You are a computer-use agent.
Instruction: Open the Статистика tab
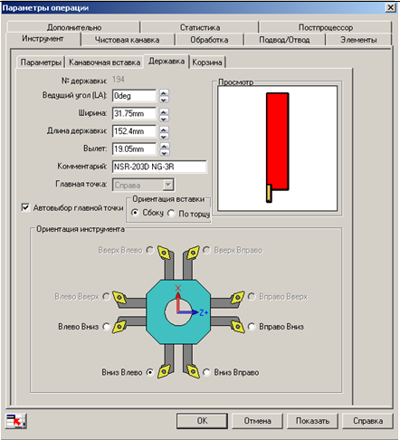(200, 27)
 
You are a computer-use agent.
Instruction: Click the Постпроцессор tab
(326, 27)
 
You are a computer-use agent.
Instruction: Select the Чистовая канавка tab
(128, 40)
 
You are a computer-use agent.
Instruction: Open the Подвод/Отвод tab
(284, 40)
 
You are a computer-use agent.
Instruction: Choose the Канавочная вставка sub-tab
(104, 62)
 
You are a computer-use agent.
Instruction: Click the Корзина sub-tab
(207, 62)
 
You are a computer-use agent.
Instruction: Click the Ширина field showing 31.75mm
(134, 113)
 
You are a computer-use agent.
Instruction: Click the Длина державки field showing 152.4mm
(134, 131)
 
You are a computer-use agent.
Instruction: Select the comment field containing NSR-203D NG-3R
(159, 167)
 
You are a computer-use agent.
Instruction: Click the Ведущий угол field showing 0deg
(134, 96)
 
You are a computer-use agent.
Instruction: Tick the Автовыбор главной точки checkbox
(25, 207)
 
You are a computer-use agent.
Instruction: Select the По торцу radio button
(171, 214)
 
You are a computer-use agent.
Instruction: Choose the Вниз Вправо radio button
(206, 372)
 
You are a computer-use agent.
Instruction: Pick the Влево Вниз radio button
(106, 327)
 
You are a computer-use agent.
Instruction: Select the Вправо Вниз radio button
(252, 327)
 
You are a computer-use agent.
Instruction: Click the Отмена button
(257, 421)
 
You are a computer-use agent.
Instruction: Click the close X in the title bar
(391, 7)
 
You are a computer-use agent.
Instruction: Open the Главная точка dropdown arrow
(168, 185)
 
